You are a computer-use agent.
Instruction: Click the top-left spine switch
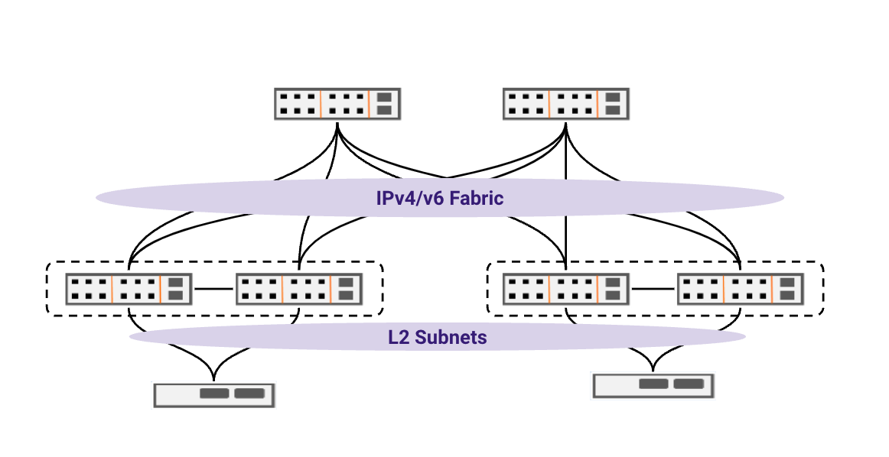[337, 104]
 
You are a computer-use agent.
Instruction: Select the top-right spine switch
[565, 104]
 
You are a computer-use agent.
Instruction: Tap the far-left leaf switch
[128, 289]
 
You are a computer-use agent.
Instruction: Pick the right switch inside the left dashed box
[298, 289]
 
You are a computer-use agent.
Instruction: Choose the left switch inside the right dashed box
[565, 289]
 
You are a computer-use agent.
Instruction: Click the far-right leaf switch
[740, 289]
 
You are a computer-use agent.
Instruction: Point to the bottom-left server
[213, 394]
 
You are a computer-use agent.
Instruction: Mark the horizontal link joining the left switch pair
[213, 289]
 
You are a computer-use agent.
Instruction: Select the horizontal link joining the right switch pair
[653, 289]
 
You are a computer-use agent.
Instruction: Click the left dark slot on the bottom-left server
[213, 394]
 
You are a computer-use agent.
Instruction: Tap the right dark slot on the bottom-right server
[688, 384]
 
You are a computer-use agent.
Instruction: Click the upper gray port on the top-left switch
[385, 97]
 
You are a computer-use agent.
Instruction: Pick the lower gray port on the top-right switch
[613, 111]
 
